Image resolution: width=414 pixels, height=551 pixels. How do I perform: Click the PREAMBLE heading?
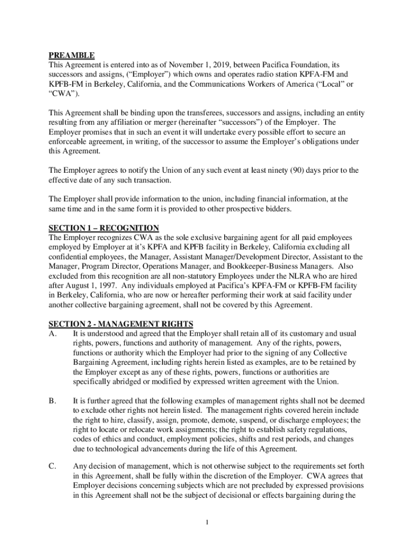pos(72,55)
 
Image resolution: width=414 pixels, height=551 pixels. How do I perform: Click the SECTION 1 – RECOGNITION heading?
pos(104,228)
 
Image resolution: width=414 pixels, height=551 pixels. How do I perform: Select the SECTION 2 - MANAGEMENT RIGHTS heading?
pos(121,324)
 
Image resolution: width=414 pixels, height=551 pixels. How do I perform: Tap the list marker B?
pos(52,401)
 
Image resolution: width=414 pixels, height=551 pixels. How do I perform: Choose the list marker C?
pos(52,467)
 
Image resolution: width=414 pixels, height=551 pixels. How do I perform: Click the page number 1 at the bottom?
pos(208,522)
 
